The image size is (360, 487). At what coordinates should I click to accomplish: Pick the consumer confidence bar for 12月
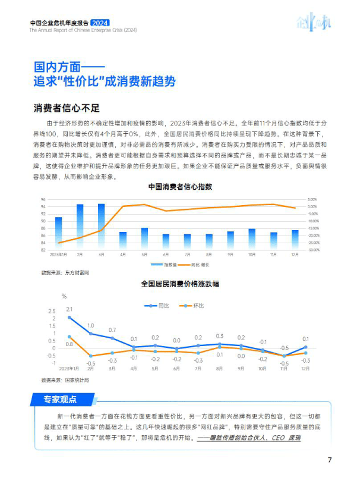point(295,240)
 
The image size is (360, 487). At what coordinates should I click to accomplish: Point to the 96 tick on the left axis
point(43,200)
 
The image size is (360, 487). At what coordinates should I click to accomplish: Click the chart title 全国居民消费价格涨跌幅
point(179,284)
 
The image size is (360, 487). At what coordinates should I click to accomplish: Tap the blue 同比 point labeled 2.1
point(70,318)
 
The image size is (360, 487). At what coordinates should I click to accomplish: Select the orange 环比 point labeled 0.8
point(70,337)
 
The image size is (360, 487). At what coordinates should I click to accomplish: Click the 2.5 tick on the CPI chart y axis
point(51,311)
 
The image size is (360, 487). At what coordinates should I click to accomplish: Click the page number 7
point(329,460)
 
